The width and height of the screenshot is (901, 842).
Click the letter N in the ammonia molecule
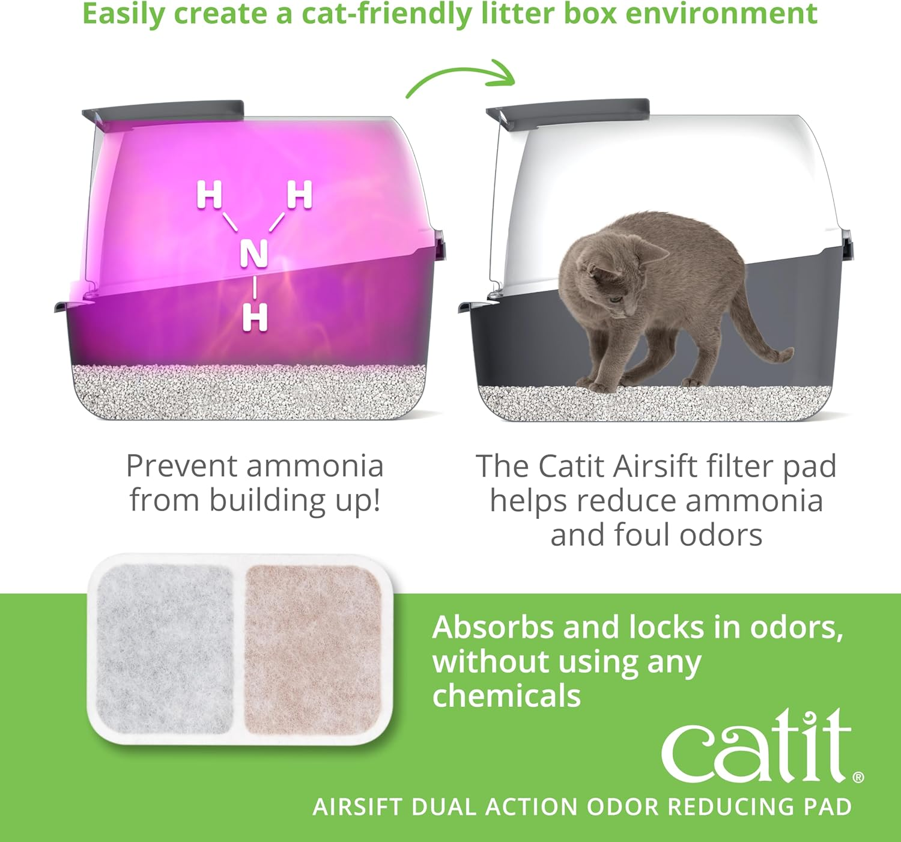[x=253, y=254]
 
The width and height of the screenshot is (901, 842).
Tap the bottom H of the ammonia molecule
[x=255, y=317]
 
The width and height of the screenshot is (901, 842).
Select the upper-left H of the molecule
[x=209, y=196]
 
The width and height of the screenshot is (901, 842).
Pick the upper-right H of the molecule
[x=300, y=196]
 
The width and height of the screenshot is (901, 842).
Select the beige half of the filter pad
[x=313, y=649]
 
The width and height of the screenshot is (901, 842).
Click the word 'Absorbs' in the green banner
[x=493, y=628]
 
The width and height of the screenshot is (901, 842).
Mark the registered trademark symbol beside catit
[x=858, y=777]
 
